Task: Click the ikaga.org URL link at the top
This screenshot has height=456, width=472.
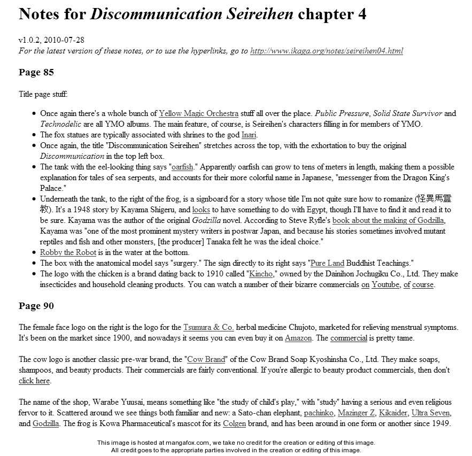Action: (326, 51)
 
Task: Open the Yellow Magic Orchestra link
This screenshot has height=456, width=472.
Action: (198, 113)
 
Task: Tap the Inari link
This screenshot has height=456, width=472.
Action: (249, 135)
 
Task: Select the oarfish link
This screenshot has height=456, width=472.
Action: (182, 167)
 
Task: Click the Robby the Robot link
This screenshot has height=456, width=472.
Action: (68, 252)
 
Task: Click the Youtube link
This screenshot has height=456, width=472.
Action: (385, 284)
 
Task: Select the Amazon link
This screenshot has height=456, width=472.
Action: (298, 338)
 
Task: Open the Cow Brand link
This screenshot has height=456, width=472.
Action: (206, 359)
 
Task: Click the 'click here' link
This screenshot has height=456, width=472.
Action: (34, 381)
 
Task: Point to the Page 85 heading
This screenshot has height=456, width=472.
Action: (36, 72)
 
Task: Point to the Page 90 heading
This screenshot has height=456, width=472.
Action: (36, 306)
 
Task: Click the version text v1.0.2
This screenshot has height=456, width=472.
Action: (30, 40)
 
